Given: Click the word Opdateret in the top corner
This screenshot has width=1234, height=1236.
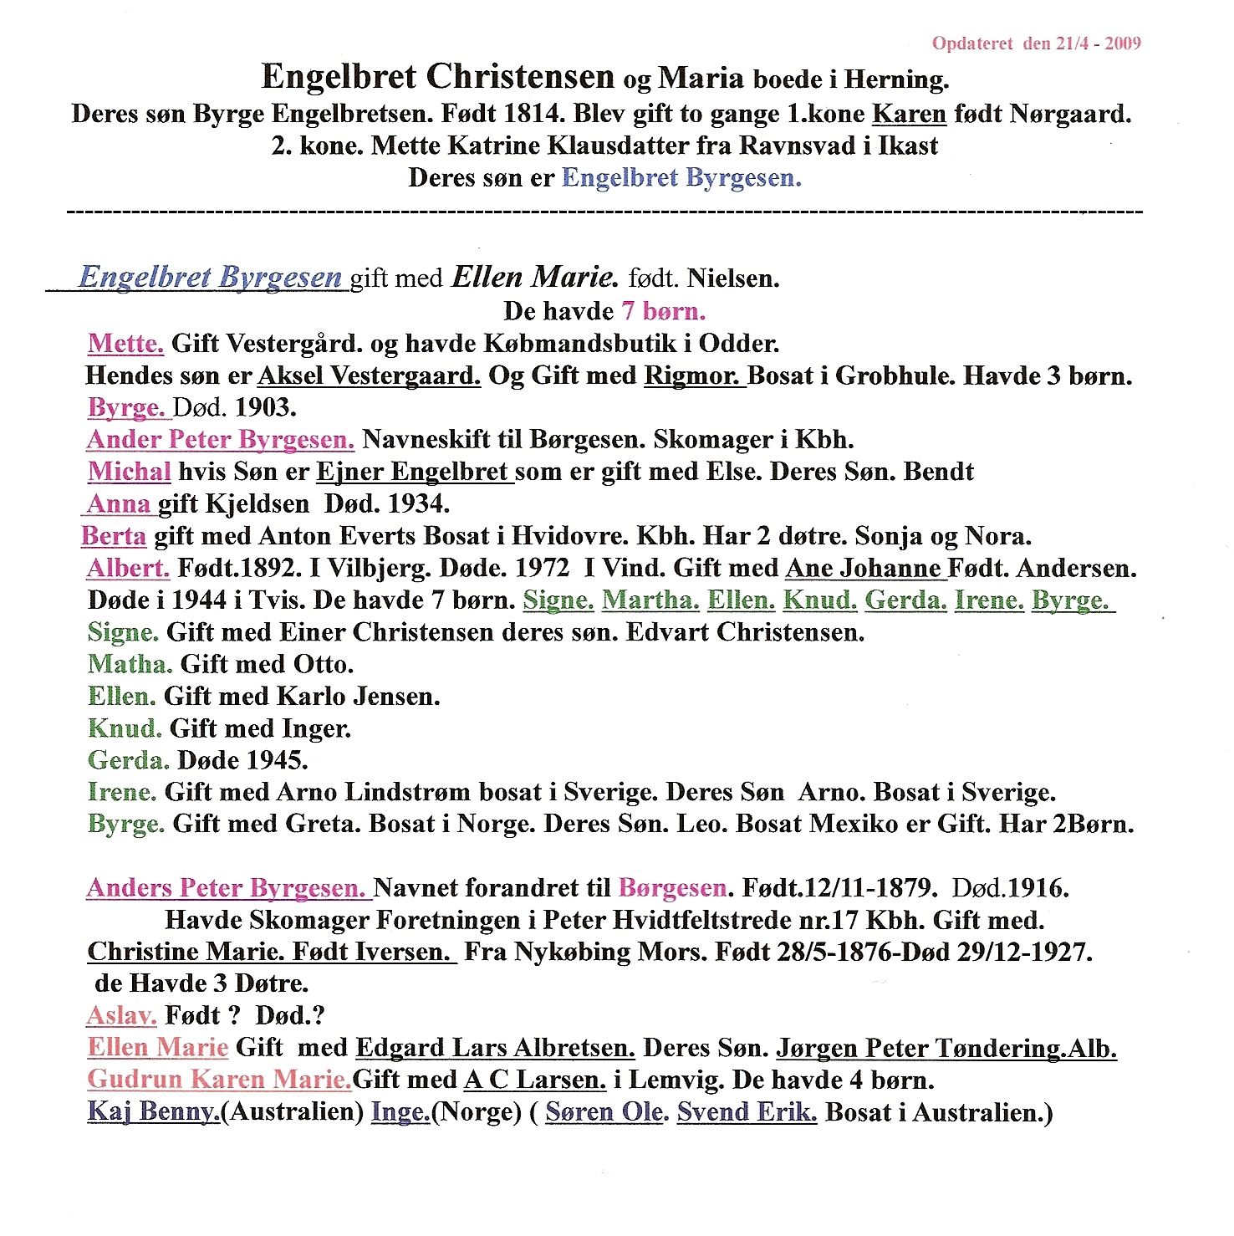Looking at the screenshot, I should pyautogui.click(x=972, y=43).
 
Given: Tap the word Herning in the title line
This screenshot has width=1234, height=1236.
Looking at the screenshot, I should pyautogui.click(x=895, y=79).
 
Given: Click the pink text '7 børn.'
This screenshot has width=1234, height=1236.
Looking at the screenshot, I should pyautogui.click(x=663, y=311).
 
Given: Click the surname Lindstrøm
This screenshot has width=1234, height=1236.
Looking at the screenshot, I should pyautogui.click(x=407, y=792).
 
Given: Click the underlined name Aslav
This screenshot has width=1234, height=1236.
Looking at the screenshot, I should pyautogui.click(x=121, y=1016).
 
